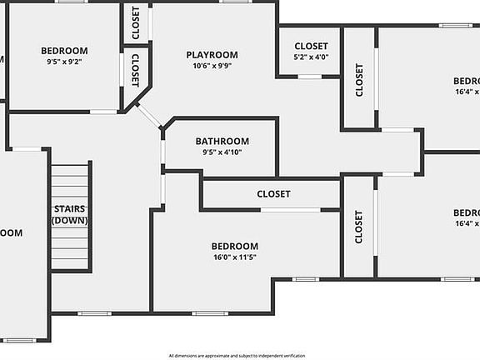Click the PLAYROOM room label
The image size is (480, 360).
coord(212,55)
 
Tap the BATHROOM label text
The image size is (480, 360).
coord(222,141)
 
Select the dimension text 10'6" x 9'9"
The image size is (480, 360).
coord(212,66)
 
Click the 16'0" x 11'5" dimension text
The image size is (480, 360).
coord(234,257)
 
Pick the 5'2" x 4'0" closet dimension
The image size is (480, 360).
coord(311,57)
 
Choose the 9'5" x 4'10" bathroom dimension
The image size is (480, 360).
coord(222,152)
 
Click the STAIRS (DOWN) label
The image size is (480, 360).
coord(70,215)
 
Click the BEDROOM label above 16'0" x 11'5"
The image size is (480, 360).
coord(234,247)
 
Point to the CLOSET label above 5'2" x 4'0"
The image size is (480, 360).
coord(311,47)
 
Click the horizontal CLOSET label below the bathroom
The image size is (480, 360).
coord(273,194)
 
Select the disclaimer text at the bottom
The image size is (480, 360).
coord(237,356)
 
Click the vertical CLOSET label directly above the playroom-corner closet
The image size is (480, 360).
coord(135,22)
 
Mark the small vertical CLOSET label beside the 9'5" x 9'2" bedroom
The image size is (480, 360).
coord(135,69)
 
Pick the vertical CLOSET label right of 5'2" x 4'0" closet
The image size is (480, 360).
coord(359,80)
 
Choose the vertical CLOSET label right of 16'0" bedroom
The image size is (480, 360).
coord(359,226)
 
